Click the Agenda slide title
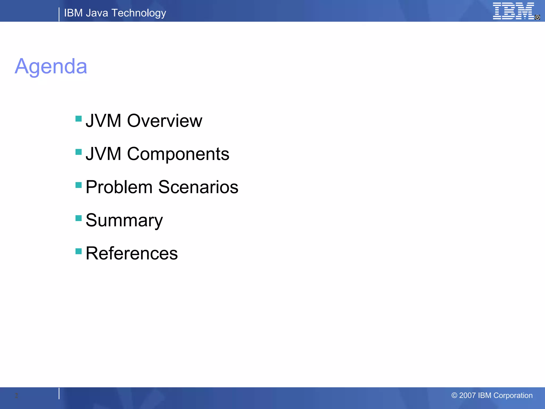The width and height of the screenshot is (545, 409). (51, 66)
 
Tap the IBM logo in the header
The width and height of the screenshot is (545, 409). (513, 11)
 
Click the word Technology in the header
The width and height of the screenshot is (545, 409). (139, 13)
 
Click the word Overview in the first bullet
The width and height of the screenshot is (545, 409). (164, 121)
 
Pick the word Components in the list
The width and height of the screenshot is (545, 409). (178, 154)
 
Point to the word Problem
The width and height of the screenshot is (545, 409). (119, 187)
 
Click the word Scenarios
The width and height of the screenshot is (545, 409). (198, 187)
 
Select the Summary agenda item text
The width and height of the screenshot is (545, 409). (124, 220)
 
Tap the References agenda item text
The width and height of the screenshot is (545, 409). (132, 253)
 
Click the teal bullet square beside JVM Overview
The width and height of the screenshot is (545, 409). (79, 118)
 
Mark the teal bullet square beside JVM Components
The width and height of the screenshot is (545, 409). (79, 152)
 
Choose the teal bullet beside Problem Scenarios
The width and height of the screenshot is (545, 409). (79, 185)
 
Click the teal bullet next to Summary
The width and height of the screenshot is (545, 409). (79, 218)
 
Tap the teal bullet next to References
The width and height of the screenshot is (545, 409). (79, 251)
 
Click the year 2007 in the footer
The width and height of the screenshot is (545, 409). (467, 395)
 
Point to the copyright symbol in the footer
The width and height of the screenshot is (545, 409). (454, 395)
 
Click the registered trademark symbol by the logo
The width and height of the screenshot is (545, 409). (537, 17)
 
